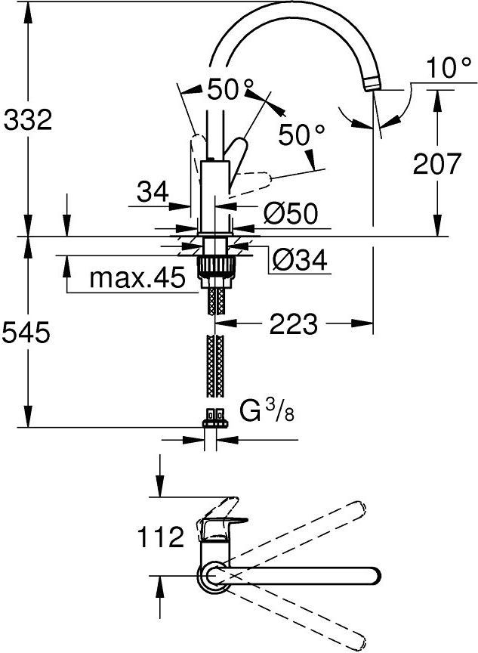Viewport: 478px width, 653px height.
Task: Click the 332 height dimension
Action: point(27,119)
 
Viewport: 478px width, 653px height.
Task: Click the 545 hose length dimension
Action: point(27,332)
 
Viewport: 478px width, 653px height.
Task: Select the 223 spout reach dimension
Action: point(294,325)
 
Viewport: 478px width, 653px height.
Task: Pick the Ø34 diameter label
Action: point(300,261)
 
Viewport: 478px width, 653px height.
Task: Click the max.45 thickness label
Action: point(137,279)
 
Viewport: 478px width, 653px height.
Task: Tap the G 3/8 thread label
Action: point(264,413)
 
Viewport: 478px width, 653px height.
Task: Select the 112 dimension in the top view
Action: point(160,537)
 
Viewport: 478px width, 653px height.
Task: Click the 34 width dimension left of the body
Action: point(153,193)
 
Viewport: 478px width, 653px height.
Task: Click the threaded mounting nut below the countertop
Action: point(215,268)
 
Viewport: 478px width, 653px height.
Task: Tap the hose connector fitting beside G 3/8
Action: point(215,416)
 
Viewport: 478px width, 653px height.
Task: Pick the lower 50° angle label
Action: point(301,135)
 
